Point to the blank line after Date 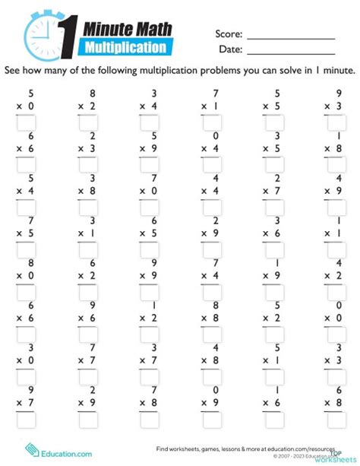point(291,50)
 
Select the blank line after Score point(291,35)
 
